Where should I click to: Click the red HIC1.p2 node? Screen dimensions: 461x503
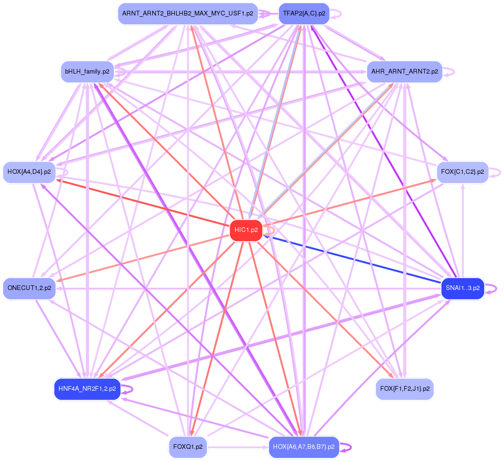[246, 230]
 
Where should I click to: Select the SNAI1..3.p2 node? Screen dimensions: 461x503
[463, 288]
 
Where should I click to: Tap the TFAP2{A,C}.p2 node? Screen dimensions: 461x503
[303, 14]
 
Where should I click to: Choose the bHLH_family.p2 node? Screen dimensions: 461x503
[87, 72]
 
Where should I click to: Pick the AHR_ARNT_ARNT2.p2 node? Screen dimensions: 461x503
[405, 72]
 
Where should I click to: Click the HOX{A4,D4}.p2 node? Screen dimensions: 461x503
[29, 172]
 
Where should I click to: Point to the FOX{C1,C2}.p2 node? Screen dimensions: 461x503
[463, 172]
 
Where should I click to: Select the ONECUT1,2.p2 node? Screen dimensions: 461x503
[29, 288]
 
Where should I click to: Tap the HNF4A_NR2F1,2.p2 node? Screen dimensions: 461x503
[87, 389]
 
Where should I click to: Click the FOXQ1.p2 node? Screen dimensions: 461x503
[188, 447]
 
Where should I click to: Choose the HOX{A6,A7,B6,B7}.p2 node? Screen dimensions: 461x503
[303, 447]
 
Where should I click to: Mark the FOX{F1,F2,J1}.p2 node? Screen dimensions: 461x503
[405, 389]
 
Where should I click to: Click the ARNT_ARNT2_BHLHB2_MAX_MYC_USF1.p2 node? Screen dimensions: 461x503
[187, 14]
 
